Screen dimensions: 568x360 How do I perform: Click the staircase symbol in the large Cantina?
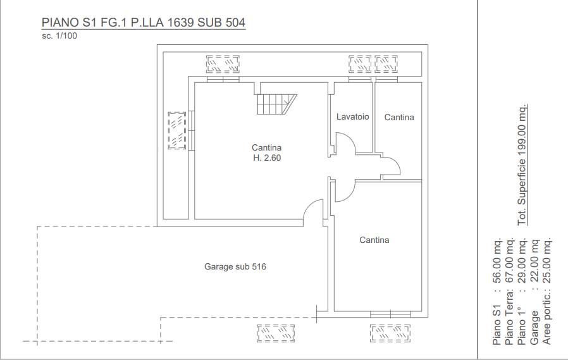point(276,104)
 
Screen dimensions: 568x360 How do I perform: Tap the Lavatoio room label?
point(352,116)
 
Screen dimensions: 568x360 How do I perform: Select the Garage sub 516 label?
point(235,266)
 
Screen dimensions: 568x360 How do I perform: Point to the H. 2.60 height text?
point(267,158)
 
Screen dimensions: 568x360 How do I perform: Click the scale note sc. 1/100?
point(59,36)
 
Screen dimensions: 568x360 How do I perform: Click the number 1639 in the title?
point(181,22)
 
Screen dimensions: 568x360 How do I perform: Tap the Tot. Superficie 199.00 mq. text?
point(522,164)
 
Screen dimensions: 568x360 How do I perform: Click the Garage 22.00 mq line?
point(534,292)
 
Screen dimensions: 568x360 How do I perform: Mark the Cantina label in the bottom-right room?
point(374,240)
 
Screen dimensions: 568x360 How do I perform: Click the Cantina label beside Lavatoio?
point(399,117)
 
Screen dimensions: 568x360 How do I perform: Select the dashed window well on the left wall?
point(177,130)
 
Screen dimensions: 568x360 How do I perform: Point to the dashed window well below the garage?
point(276,333)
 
